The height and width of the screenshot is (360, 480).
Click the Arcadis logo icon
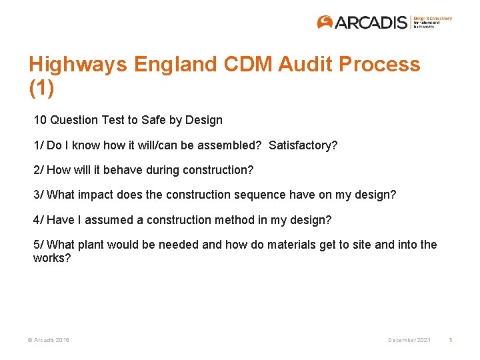tap(325, 22)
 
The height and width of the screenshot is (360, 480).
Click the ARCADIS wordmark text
tap(371, 23)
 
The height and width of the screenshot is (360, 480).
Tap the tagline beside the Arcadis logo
tap(432, 22)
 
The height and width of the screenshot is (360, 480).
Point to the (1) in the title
tap(41, 87)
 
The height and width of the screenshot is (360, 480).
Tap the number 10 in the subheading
tap(40, 121)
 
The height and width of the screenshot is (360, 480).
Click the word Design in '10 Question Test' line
tap(205, 121)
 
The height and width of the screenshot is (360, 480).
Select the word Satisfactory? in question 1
tap(303, 145)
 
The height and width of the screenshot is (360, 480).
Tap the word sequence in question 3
tap(256, 195)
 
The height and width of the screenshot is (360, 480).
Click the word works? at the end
tap(52, 257)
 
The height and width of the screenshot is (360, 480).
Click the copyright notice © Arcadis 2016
tap(49, 341)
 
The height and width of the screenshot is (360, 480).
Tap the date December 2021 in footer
tap(409, 341)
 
